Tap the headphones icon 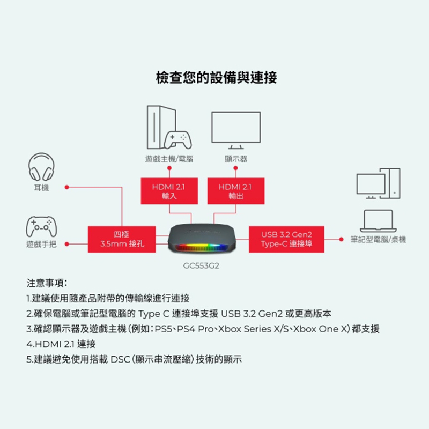point(41,167)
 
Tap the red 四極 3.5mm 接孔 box point(122,239)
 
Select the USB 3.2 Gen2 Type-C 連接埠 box point(286,239)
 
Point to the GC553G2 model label point(202,265)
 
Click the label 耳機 point(41,188)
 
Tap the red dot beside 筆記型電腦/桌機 point(341,239)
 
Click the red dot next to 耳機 point(66,188)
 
